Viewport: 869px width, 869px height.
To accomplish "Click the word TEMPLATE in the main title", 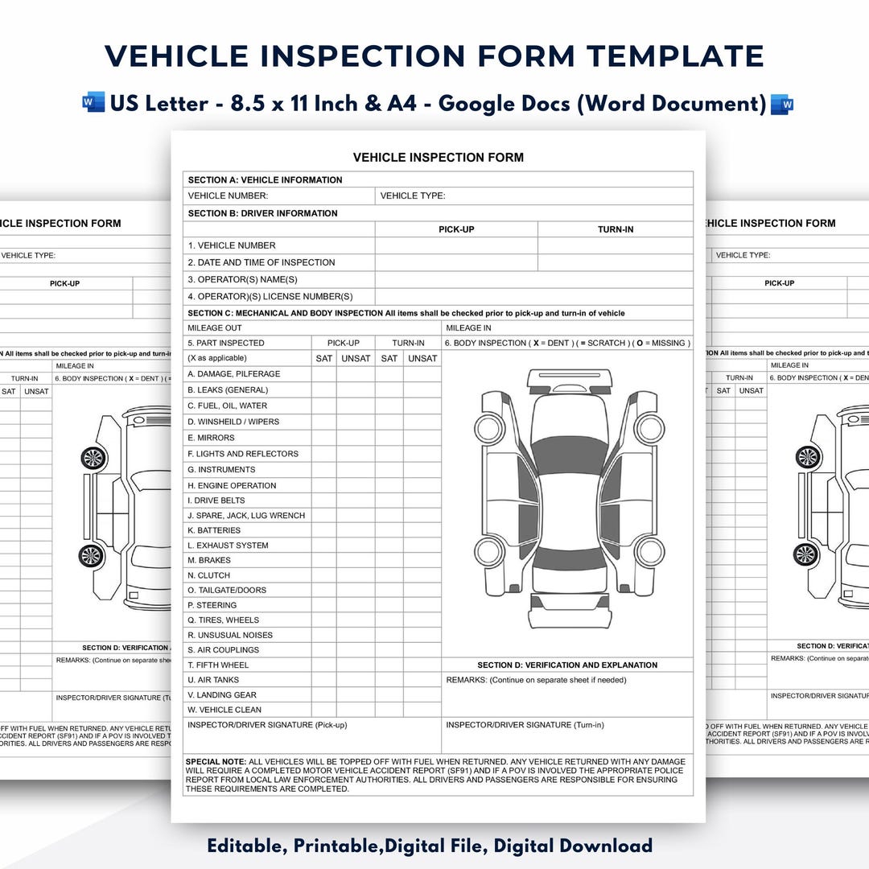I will (x=674, y=56).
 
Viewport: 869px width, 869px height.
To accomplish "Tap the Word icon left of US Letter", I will (x=93, y=103).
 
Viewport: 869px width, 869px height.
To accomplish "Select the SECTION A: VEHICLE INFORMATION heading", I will (x=265, y=179).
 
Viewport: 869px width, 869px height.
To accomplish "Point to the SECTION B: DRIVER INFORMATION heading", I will (x=262, y=213).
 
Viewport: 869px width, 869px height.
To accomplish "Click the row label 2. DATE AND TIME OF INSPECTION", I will (x=262, y=262).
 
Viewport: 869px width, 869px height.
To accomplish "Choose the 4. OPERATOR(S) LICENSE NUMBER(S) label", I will (x=270, y=296).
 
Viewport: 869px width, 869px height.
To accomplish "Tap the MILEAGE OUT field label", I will (x=215, y=328).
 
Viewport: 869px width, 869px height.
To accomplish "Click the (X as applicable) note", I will (x=217, y=358).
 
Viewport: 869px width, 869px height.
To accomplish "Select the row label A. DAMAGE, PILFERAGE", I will (x=233, y=374).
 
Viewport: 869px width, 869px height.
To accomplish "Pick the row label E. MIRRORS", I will (x=211, y=438).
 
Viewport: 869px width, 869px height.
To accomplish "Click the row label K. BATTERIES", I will (x=214, y=530).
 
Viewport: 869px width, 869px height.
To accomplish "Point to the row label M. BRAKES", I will (x=209, y=560).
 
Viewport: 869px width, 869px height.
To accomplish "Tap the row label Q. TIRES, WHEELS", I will (x=223, y=620).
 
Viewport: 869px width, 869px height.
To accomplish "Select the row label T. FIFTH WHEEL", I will (x=218, y=665).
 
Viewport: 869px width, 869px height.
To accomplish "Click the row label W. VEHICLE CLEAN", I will (x=224, y=710).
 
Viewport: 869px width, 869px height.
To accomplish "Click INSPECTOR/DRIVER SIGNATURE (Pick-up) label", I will (x=266, y=725).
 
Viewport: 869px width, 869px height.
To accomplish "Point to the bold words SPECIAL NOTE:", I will (x=216, y=761).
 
